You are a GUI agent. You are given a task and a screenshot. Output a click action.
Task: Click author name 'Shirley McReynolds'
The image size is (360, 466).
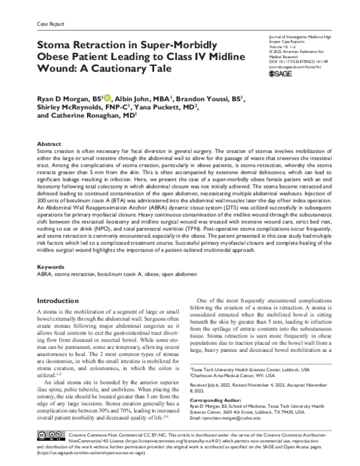coord(67,109)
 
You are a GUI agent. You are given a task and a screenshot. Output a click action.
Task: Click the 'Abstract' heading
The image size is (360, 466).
coord(49,145)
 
